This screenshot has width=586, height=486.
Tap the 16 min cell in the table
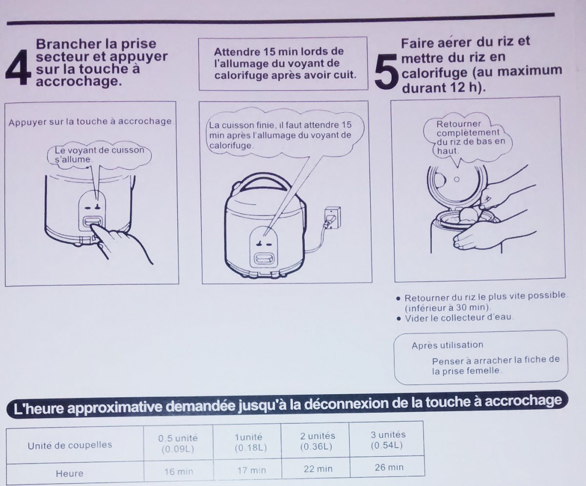179,471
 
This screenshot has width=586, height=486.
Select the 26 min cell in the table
389,467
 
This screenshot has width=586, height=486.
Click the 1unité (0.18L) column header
250,442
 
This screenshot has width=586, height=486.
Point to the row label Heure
69,473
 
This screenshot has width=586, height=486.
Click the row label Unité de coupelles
69,445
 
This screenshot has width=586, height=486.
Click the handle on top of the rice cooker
261,181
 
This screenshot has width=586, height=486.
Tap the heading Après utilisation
447,345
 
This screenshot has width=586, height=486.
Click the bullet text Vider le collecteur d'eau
459,318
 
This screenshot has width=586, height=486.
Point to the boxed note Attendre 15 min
283,63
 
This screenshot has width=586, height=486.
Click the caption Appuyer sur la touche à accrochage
90,121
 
